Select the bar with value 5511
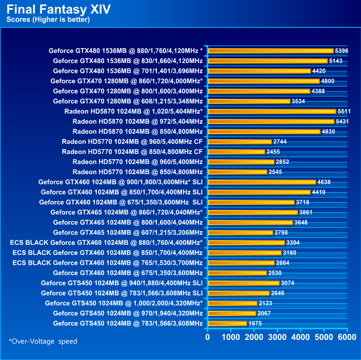tap(271, 111)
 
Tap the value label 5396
tap(342, 51)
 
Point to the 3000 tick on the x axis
tap(277, 337)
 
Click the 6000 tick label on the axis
tap(347, 337)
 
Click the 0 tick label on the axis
tap(207, 337)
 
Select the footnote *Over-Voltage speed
tap(43, 341)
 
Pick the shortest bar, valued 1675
tap(227, 323)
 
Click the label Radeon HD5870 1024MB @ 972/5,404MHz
tap(137, 121)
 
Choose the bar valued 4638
tap(262, 182)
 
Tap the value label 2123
tap(266, 303)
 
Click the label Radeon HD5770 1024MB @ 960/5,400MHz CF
tap(132, 141)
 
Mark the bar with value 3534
tap(249, 101)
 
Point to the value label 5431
tap(343, 121)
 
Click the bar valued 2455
tap(236, 152)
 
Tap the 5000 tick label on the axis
tap(324, 337)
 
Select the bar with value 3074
tap(243, 283)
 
